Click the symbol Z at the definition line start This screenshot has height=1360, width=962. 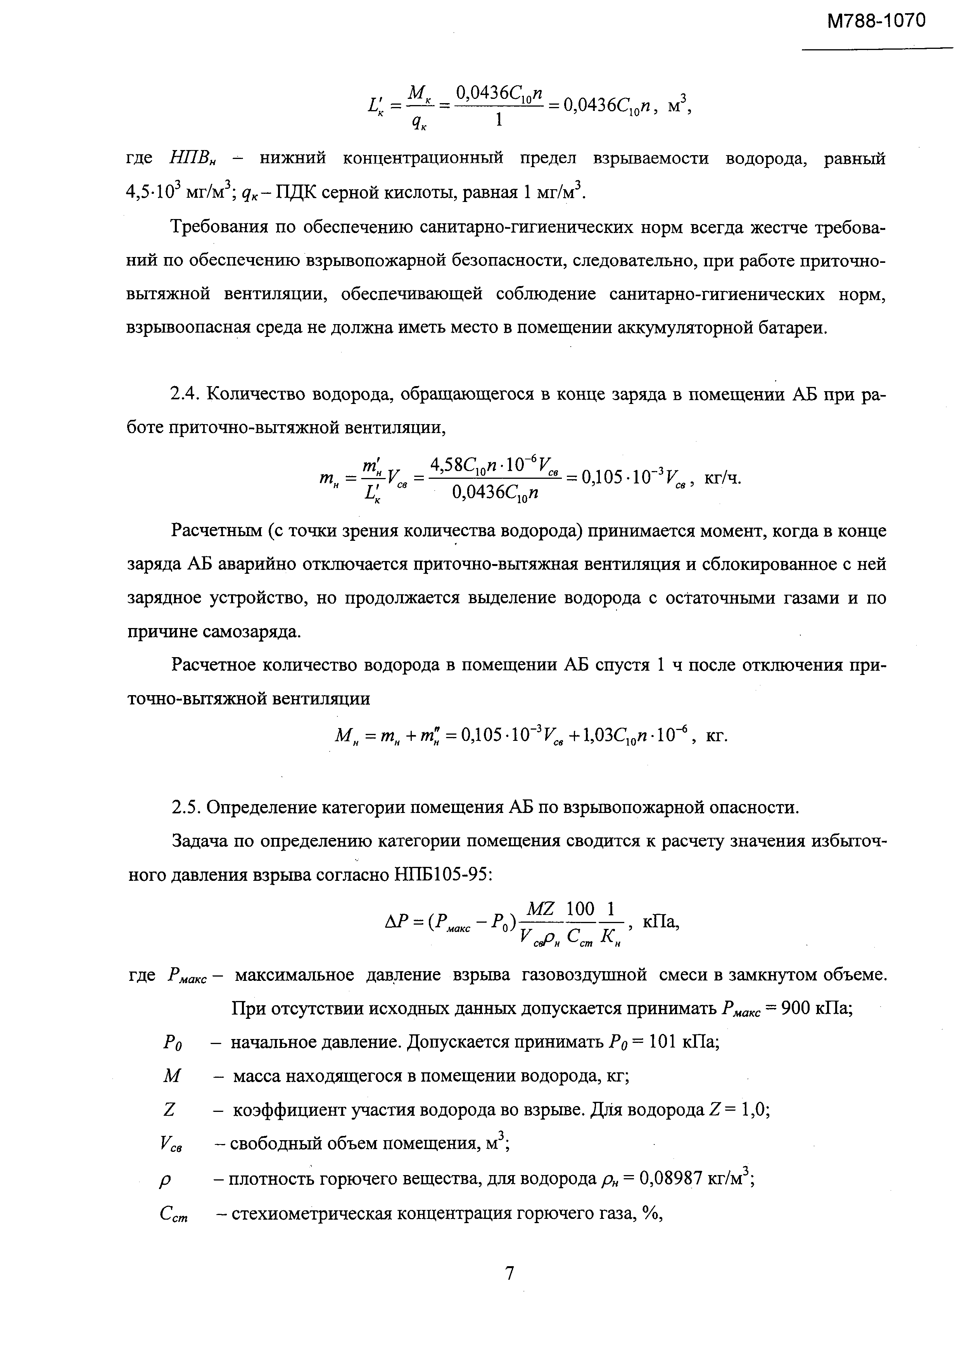coord(169,1110)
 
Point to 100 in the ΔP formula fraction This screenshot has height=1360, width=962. coord(580,908)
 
